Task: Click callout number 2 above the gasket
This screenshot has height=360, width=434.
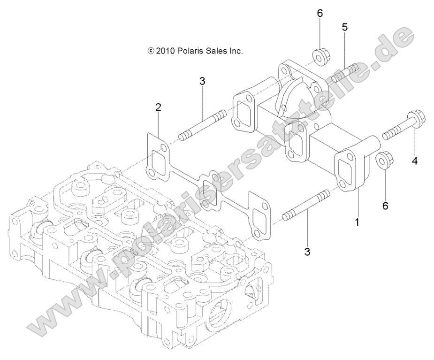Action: tap(159, 107)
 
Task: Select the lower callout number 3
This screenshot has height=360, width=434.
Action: tap(307, 252)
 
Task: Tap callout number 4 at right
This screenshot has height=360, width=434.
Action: tap(415, 161)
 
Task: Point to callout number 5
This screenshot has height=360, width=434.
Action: tap(345, 27)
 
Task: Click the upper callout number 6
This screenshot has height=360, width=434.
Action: tap(320, 13)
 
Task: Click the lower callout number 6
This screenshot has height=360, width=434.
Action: tap(385, 192)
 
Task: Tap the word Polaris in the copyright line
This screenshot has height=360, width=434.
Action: tap(190, 51)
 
